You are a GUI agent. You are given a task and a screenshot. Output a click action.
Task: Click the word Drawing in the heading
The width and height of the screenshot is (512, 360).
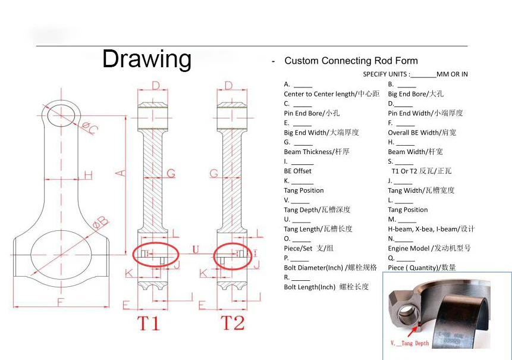click(147, 59)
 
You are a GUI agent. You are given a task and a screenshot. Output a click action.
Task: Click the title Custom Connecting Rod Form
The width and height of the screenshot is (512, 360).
click(351, 61)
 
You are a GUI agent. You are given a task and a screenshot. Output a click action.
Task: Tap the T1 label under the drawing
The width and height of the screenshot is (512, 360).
click(149, 323)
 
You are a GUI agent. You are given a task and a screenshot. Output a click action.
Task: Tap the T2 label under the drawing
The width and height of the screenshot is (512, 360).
click(233, 323)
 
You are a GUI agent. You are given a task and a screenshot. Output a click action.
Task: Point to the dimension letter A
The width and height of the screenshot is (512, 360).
click(120, 173)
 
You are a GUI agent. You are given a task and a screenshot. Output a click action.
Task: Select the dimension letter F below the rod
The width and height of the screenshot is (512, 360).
click(60, 302)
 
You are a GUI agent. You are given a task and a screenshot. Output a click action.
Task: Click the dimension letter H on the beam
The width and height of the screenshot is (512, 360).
click(88, 175)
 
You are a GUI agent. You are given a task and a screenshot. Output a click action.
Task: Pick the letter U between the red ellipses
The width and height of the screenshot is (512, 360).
click(195, 249)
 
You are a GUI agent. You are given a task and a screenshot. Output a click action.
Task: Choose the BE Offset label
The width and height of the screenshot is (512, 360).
click(297, 171)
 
